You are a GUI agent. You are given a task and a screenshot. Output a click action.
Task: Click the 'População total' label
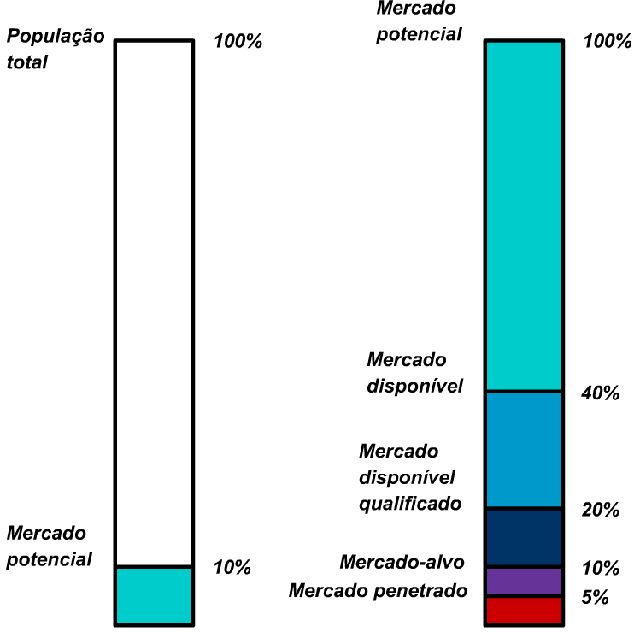[x=55, y=49]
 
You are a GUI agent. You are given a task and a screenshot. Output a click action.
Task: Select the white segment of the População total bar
[x=154, y=299]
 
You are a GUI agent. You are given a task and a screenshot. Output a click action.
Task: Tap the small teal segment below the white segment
[x=154, y=595]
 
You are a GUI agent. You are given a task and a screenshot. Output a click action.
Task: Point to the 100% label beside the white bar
[x=238, y=41]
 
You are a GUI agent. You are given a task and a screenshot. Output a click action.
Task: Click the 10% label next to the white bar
[x=232, y=567]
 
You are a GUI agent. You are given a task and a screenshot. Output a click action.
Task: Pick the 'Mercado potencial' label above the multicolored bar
[x=419, y=21]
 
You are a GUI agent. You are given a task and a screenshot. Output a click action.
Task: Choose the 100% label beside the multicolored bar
[x=608, y=41]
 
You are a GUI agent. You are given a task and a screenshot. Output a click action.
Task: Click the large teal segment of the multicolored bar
[x=524, y=214]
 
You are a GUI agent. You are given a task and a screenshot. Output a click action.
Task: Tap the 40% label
[x=599, y=393]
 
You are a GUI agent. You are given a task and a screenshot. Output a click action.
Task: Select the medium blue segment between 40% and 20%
[x=524, y=450]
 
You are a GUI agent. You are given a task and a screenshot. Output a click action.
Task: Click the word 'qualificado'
[x=410, y=503]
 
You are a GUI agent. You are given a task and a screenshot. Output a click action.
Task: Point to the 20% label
[x=599, y=511]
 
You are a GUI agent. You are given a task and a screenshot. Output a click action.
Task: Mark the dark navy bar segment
[x=524, y=538]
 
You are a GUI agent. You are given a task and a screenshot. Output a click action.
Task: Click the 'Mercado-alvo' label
[x=402, y=562]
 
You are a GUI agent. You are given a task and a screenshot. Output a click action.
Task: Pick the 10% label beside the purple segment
[x=599, y=569]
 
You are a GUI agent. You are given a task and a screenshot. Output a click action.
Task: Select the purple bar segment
[x=524, y=582]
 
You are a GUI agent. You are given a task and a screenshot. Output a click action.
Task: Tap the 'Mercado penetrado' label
[x=379, y=590]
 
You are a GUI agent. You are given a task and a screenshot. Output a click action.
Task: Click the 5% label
[x=595, y=598]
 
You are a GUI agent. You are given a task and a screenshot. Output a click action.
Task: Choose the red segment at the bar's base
[x=524, y=611]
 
